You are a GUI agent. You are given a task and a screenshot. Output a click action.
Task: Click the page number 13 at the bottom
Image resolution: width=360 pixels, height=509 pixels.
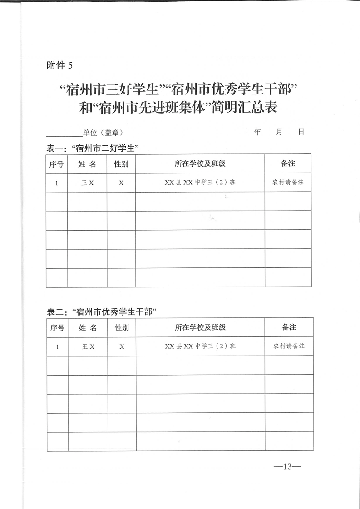[286, 466]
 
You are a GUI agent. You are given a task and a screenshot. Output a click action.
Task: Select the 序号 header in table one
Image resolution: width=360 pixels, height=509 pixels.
[56, 163]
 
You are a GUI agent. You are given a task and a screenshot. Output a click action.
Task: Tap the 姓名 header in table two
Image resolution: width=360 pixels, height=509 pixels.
[88, 327]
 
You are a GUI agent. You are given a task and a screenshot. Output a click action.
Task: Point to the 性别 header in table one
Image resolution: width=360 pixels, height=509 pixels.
[121, 163]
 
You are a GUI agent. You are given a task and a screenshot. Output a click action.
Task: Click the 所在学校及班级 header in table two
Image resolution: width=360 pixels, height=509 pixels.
[200, 327]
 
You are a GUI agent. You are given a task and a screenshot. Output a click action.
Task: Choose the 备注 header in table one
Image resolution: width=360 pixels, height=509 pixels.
[288, 163]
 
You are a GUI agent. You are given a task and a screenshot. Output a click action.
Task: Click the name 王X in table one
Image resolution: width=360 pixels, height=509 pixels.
[88, 183]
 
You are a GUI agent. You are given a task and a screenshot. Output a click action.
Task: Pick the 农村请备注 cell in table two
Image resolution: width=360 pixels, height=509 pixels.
[289, 346]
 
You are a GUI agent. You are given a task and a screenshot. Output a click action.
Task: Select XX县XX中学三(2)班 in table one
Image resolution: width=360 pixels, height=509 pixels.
[200, 183]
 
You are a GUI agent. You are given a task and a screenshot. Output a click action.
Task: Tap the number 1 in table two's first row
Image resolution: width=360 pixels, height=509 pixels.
[57, 346]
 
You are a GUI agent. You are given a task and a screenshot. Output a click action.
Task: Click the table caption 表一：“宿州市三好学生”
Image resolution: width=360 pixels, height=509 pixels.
[93, 148]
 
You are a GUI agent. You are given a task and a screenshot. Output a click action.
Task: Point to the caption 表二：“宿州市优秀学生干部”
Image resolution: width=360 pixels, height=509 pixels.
[102, 312]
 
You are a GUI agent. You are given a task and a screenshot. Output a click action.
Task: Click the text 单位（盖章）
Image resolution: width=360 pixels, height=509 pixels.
[103, 133]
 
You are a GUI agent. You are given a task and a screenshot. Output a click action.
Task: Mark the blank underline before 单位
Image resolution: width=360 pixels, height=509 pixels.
[64, 135]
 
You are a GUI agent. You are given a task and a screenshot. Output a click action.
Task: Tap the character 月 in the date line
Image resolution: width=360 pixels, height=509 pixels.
[279, 132]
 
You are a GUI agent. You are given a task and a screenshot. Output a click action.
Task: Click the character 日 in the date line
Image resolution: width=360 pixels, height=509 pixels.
[301, 132]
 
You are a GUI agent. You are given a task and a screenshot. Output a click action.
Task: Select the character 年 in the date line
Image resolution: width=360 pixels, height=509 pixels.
[258, 132]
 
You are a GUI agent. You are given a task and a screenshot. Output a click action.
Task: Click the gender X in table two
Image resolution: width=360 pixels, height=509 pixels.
[122, 346]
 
